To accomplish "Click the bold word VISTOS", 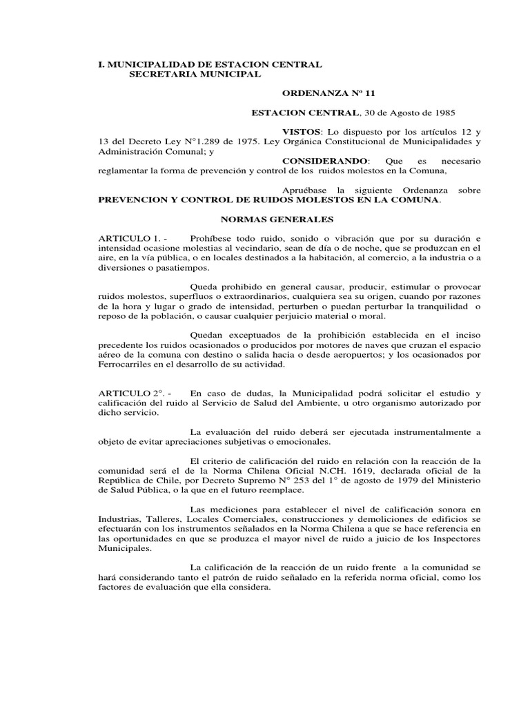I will (x=302, y=131).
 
